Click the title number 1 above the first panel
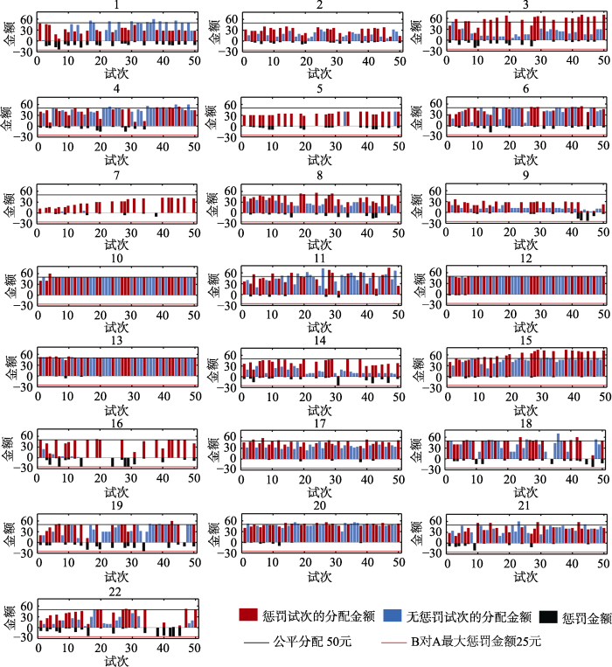pos(116,5)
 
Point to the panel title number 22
pos(115,595)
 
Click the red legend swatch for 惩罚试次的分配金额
pos(249,616)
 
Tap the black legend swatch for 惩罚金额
pos(547,616)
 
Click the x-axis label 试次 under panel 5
pos(321,160)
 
